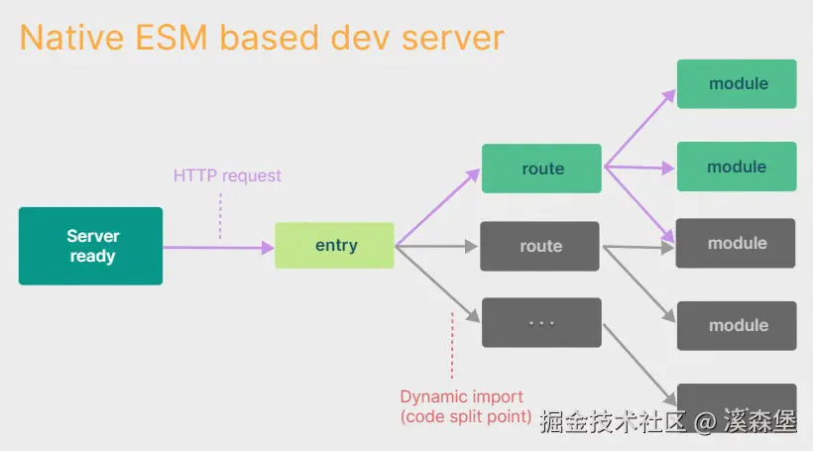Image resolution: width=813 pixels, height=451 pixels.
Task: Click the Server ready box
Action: click(x=91, y=246)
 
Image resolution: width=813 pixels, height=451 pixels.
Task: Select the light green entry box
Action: click(x=334, y=245)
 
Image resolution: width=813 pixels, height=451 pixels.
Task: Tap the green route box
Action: click(x=541, y=169)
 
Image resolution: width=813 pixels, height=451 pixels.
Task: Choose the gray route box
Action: click(x=539, y=246)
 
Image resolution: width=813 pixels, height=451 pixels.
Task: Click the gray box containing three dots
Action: click(x=541, y=322)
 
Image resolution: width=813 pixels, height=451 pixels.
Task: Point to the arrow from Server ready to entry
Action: click(x=218, y=248)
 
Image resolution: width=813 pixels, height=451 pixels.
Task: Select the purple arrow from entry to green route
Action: click(x=437, y=207)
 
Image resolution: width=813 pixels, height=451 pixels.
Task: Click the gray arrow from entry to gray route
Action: click(x=436, y=246)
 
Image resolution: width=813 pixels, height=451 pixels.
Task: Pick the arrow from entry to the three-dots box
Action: click(x=437, y=284)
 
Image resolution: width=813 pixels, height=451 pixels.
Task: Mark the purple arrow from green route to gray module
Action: click(x=639, y=205)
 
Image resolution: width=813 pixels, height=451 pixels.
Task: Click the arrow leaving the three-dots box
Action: click(x=639, y=366)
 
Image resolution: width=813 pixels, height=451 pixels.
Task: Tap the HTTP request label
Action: click(x=227, y=175)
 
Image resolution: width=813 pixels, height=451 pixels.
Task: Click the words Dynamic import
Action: click(x=461, y=396)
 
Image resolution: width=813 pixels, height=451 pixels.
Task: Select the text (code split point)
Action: click(x=466, y=416)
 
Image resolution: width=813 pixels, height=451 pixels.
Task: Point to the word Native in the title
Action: click(x=72, y=38)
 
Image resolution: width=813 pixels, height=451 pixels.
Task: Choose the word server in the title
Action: click(x=453, y=39)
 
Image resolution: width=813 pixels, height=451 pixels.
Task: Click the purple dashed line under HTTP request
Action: click(x=220, y=216)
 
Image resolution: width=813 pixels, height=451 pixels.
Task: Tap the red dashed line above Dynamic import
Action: click(x=452, y=345)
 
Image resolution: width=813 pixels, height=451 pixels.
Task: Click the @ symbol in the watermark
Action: click(x=705, y=422)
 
